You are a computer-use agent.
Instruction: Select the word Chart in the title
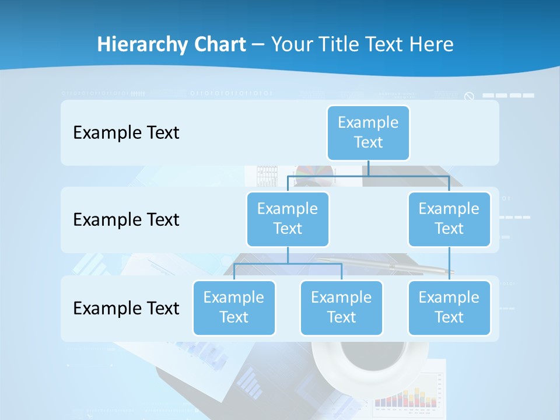(x=221, y=44)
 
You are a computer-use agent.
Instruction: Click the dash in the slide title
(x=258, y=45)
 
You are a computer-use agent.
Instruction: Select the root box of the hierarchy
(x=368, y=132)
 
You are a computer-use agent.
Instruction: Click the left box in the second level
(x=288, y=219)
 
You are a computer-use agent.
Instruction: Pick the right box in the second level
(x=449, y=219)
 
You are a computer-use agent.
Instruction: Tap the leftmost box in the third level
(x=234, y=307)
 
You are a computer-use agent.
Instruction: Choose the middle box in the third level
(x=341, y=307)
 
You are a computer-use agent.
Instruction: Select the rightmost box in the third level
(x=449, y=307)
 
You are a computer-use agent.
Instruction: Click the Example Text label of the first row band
(x=126, y=133)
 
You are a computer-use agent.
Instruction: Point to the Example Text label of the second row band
(x=126, y=220)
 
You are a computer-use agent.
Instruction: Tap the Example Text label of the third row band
(x=126, y=308)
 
